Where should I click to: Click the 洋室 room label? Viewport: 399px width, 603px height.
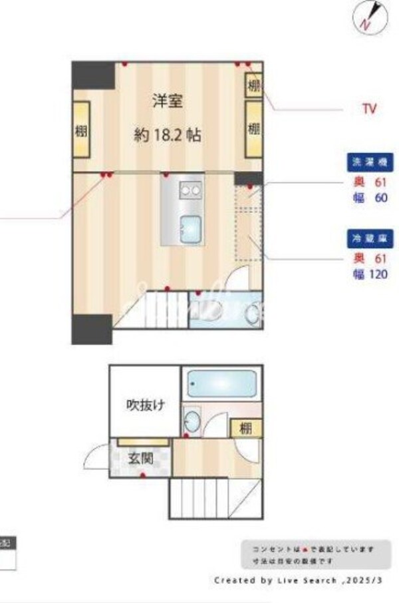click(167, 101)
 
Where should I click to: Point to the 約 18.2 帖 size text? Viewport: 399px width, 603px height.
click(167, 136)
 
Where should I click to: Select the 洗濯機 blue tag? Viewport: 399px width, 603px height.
click(370, 162)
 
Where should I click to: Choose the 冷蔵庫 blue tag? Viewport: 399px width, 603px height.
click(370, 238)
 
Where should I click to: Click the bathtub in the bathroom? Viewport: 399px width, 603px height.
click(221, 383)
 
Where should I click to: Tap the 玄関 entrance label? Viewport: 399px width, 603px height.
click(142, 459)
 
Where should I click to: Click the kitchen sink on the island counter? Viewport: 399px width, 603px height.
click(191, 230)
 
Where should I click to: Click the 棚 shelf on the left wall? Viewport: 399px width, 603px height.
click(81, 130)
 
